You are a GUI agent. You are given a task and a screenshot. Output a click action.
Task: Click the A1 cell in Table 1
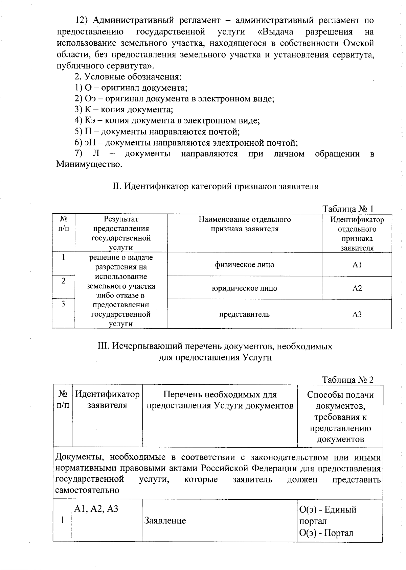pos(357,265)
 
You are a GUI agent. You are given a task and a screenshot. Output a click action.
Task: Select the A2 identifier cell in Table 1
pos(357,288)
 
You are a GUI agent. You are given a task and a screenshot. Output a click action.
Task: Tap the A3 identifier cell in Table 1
pos(357,314)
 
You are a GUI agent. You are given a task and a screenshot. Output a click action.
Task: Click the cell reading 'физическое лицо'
pos(244,265)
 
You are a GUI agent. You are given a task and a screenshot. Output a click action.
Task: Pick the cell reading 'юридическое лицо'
pos(244,288)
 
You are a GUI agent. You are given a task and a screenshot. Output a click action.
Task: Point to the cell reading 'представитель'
pos(244,314)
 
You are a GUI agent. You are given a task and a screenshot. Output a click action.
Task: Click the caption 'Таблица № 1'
pos(348,209)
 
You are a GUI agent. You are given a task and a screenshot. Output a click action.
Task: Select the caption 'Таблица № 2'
pos(348,379)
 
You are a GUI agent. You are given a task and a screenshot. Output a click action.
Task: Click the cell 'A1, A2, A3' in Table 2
pos(96,509)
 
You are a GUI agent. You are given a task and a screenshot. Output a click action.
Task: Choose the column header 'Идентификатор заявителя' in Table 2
pos(107,400)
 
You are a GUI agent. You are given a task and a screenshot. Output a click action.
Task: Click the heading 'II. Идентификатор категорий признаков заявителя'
pos(215,186)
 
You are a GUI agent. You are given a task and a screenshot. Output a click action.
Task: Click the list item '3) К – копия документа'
pos(124,110)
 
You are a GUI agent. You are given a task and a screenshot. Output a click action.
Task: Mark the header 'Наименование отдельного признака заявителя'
pos(244,224)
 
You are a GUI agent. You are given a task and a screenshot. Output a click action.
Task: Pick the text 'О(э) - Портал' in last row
pos(326,533)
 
